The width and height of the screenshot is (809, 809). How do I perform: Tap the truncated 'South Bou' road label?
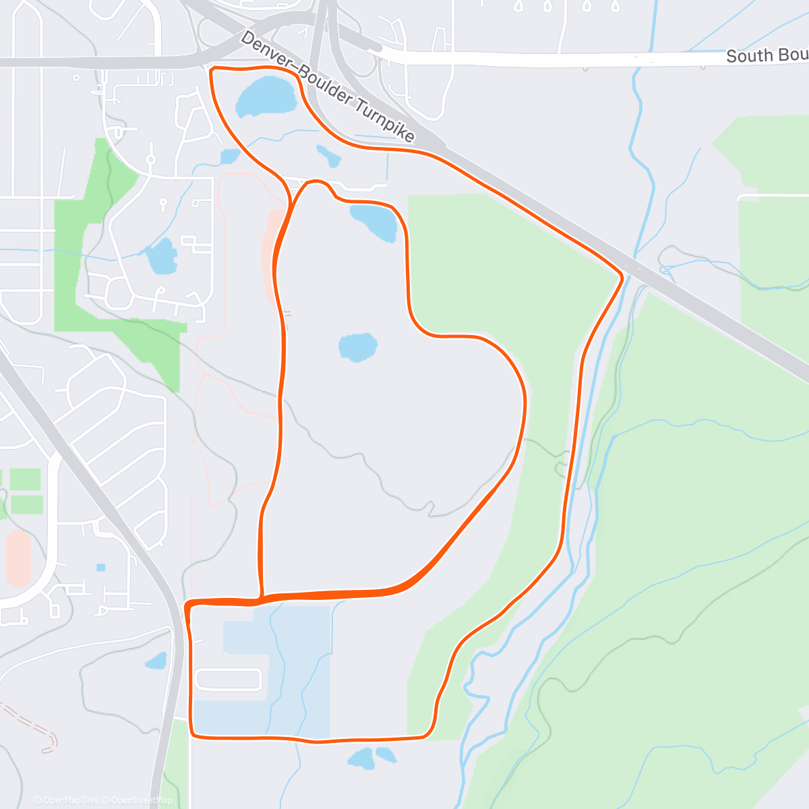click(767, 55)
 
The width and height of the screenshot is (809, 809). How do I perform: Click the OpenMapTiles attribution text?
click(65, 800)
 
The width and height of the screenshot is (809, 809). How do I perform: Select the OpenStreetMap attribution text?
click(142, 800)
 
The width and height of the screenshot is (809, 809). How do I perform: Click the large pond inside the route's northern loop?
click(266, 96)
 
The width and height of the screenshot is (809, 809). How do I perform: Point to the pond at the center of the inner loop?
click(357, 347)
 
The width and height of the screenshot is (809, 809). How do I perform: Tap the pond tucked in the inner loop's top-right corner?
click(375, 222)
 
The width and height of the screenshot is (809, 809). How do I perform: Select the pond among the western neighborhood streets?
click(162, 257)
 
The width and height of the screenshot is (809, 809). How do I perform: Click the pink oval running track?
click(18, 558)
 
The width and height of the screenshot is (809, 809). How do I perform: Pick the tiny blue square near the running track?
click(101, 567)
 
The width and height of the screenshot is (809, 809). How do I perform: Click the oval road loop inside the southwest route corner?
click(228, 680)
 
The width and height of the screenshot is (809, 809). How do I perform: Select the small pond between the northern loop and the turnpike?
click(329, 156)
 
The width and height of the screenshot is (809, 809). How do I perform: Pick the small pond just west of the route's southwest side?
click(156, 661)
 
